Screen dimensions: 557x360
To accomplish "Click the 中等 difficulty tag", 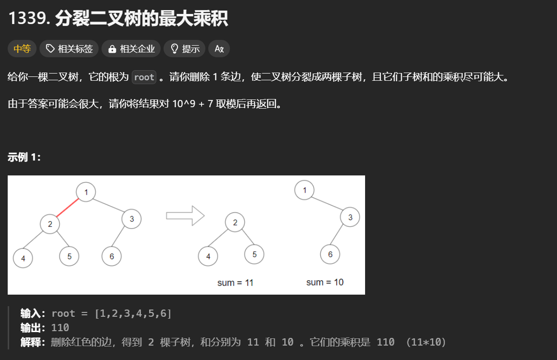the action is point(22,49).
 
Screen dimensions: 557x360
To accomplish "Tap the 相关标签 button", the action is point(69,49).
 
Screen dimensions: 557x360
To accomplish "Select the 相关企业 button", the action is point(131,49).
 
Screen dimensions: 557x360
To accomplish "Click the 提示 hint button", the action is point(185,49).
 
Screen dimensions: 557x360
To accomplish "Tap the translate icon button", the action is point(219,49).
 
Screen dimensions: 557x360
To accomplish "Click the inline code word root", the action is point(144,77).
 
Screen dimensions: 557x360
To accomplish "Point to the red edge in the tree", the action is point(67,208).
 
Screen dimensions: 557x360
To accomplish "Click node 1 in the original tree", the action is point(86,192).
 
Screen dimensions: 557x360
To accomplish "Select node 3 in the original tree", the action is point(131,219).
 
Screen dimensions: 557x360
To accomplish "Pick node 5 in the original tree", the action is point(69,256).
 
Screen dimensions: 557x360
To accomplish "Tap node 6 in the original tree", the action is point(112,256).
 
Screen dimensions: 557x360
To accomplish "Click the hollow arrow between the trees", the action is point(185,215).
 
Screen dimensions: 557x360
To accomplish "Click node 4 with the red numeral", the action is point(208,256).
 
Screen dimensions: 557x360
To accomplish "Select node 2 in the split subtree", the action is point(235,223).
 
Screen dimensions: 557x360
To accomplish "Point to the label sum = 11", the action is point(235,283).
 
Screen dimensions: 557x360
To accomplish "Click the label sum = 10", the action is point(325,282).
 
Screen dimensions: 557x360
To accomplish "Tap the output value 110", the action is point(60,328).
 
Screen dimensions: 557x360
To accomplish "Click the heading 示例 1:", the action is point(25,157).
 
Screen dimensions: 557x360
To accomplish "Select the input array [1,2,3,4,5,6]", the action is point(133,313).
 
